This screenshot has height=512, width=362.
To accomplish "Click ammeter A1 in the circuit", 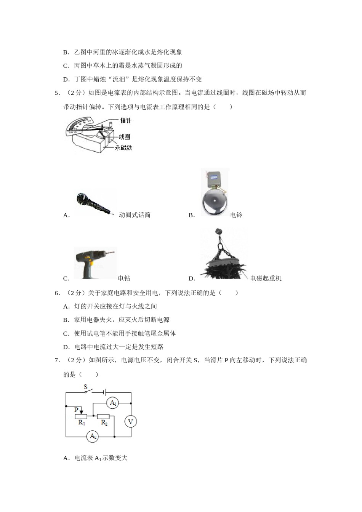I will (x=113, y=403).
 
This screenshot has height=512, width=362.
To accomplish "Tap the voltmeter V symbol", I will (x=131, y=421).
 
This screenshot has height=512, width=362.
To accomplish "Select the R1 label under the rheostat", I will (x=82, y=423).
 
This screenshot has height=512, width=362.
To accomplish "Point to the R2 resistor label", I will (x=104, y=423).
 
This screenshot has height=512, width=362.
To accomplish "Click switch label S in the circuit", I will (x=86, y=387).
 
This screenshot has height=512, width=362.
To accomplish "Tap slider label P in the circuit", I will (x=77, y=410).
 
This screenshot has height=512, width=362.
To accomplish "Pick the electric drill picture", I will (x=95, y=263).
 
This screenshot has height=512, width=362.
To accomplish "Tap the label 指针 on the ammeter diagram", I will (x=126, y=120).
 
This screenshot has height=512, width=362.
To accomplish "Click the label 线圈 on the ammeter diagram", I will (x=124, y=136).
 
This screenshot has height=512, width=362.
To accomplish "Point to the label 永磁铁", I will (x=124, y=147).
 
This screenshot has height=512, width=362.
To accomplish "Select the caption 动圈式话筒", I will (x=135, y=215).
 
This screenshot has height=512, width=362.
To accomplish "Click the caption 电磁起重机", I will (x=266, y=278).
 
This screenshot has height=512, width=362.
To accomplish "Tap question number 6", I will (x=57, y=293).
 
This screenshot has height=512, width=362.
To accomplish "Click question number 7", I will (x=57, y=360).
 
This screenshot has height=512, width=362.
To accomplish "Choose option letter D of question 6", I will (x=66, y=347).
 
